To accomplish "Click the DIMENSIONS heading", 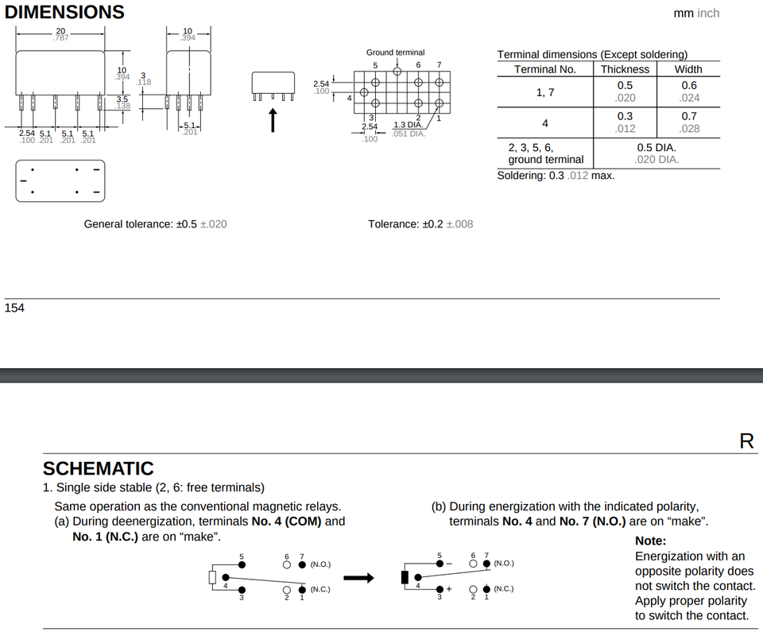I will (64, 13).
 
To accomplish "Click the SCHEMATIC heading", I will (98, 469).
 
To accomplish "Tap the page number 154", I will (14, 308).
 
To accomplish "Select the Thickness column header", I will (625, 69).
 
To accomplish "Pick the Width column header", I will (688, 69).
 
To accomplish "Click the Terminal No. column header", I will (546, 69).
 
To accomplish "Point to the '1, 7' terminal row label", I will (544, 91).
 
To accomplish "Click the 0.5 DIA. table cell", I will (656, 148).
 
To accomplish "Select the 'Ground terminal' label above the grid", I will (395, 52).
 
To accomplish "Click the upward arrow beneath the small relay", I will (273, 119).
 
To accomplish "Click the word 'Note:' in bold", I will (651, 541).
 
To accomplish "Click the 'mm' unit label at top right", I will (683, 14).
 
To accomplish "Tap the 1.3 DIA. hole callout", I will (409, 125).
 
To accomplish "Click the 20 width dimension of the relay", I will (60, 30).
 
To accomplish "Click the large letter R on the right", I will (746, 442).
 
